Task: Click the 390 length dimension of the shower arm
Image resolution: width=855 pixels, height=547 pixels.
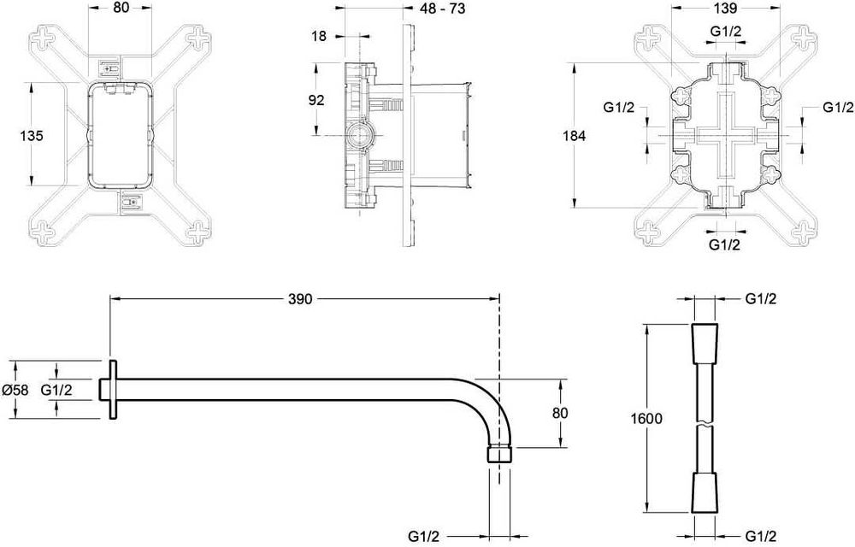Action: (301, 299)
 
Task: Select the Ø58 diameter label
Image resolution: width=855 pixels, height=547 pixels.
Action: (15, 390)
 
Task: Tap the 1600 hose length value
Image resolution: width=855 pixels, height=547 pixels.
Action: (646, 419)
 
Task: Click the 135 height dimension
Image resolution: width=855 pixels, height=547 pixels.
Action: (30, 135)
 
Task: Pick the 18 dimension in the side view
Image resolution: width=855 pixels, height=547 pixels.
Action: (318, 37)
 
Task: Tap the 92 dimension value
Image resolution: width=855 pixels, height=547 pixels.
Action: (316, 100)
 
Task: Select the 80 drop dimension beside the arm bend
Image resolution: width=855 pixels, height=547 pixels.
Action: (560, 412)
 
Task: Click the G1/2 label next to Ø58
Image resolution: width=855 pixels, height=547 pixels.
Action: (56, 390)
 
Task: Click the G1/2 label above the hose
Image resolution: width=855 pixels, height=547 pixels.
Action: (760, 299)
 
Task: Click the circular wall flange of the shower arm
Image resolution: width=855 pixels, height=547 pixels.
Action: (112, 390)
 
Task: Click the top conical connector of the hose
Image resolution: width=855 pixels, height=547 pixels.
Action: (704, 340)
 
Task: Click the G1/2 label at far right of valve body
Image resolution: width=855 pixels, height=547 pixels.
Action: (838, 107)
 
